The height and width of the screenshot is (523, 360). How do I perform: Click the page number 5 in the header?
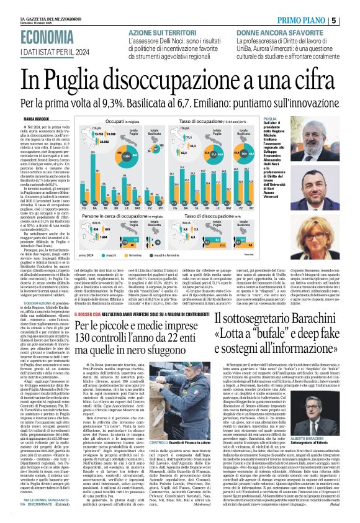point(351,20)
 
